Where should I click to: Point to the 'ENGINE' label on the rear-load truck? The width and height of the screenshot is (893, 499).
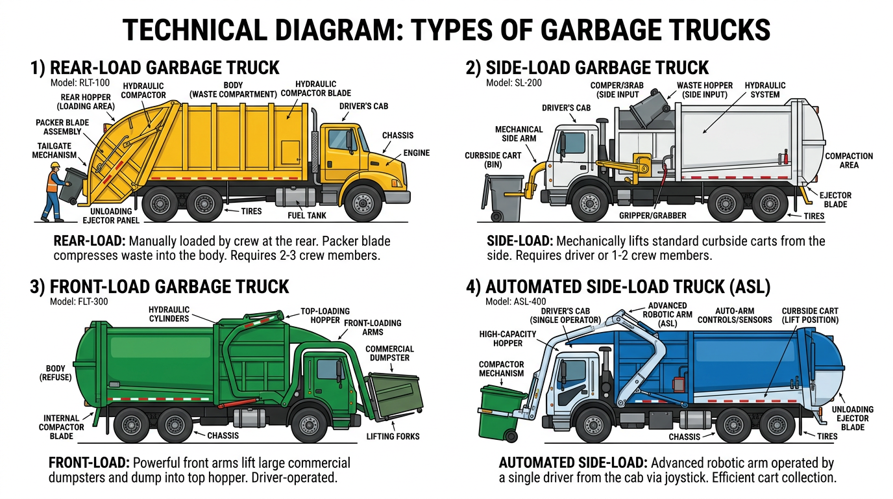(x=416, y=153)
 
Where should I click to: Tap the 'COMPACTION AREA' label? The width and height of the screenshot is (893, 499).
(x=849, y=160)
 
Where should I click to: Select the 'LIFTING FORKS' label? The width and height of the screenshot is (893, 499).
(x=393, y=436)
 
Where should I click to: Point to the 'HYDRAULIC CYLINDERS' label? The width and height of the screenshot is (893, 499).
(x=169, y=314)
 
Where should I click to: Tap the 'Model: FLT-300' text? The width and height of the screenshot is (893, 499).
(x=78, y=301)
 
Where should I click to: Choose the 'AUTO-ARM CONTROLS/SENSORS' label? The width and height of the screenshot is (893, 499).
(x=734, y=315)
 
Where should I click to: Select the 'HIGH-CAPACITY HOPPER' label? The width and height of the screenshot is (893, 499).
(x=499, y=339)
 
